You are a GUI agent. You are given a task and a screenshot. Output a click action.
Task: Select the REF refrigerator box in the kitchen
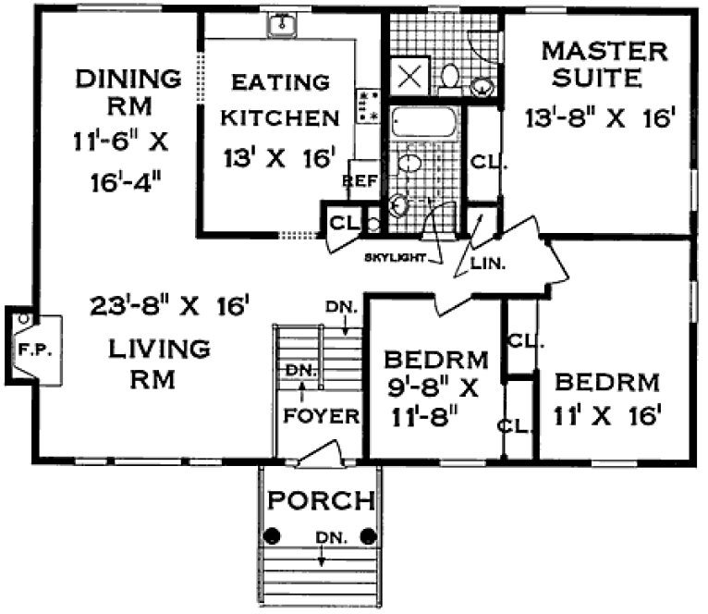point(361,181)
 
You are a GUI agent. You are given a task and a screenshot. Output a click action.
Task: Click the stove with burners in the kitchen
point(368,105)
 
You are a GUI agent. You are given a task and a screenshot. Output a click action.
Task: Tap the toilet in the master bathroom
point(450,77)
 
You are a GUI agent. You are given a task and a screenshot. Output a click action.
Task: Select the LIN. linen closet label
point(486,264)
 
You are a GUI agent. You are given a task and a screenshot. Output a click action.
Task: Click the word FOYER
point(320,415)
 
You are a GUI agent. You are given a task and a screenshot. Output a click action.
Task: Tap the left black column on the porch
point(274,535)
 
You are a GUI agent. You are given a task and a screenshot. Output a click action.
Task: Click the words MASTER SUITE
point(591,63)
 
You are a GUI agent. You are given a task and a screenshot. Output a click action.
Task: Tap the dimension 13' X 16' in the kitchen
point(277,158)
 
